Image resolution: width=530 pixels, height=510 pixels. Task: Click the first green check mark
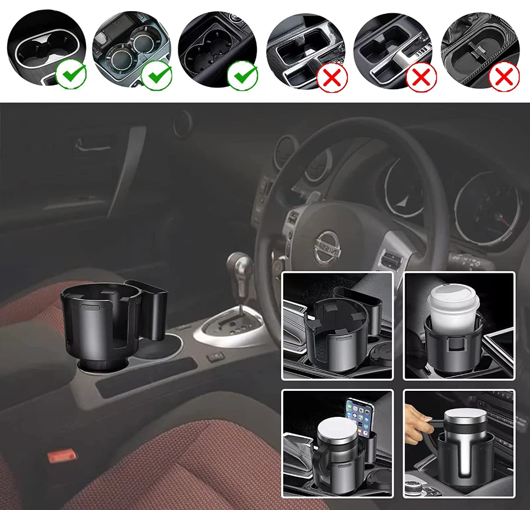coord(70,74)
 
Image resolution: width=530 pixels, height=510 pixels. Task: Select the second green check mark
coord(156,75)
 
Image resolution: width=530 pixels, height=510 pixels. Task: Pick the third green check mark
coord(242,75)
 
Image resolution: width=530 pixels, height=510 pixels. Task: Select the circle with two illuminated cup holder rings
coord(132,50)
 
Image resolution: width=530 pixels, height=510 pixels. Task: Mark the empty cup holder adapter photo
coord(338,326)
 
